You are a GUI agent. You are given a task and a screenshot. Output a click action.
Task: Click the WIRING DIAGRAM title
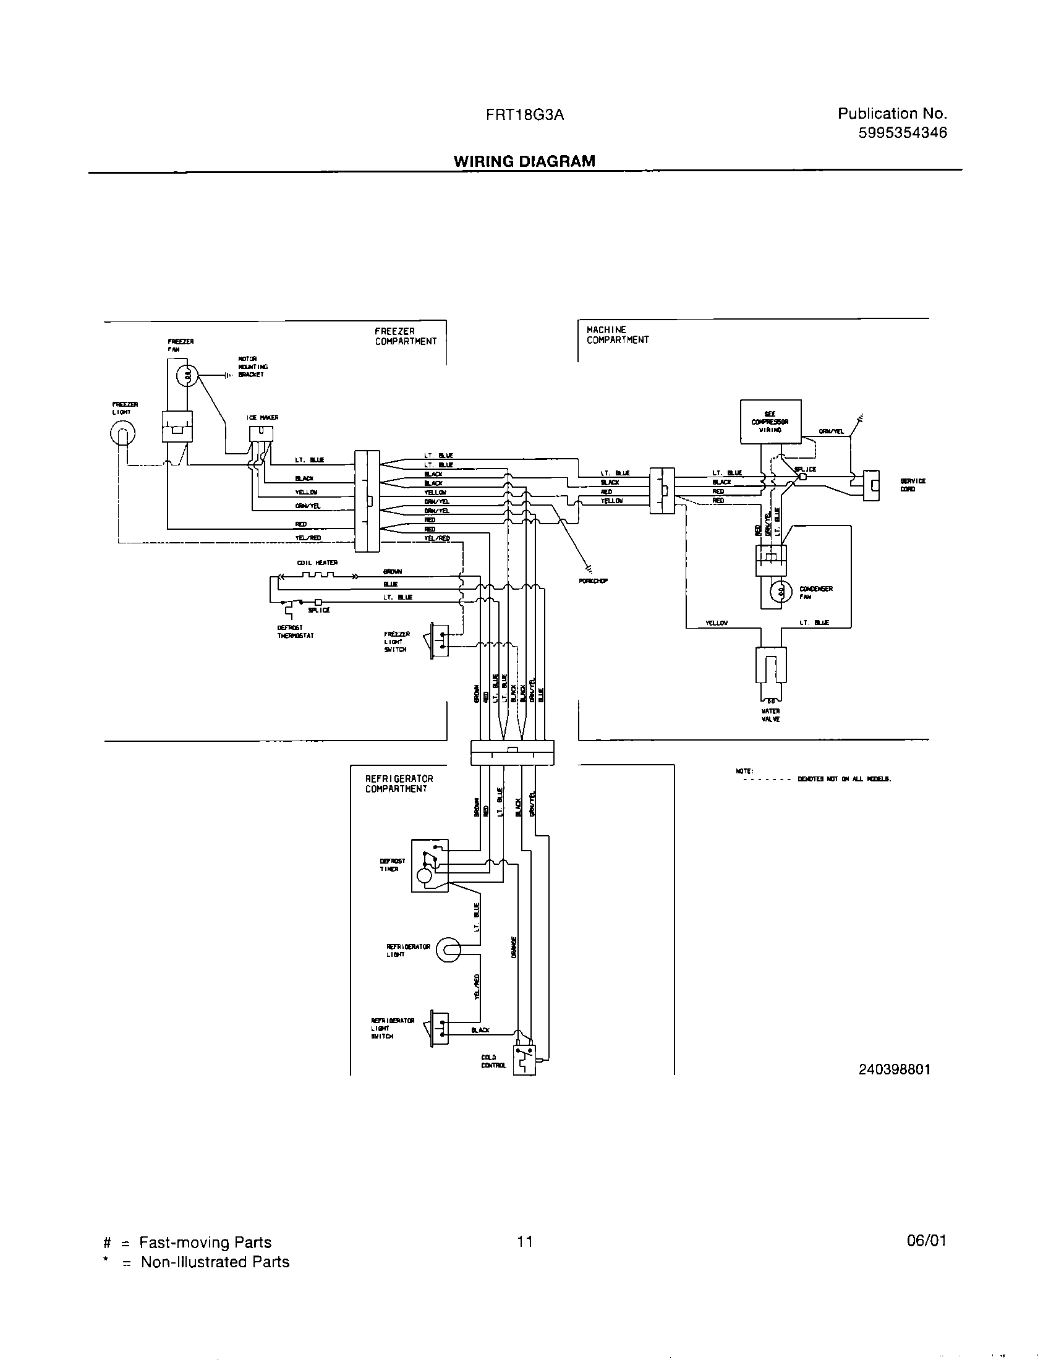(x=524, y=161)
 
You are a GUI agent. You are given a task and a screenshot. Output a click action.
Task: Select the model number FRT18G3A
(x=525, y=115)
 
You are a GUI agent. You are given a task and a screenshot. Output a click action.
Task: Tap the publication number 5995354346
(x=902, y=133)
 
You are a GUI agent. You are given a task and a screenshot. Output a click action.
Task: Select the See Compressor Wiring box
(x=770, y=422)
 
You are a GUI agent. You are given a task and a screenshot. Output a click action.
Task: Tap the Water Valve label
(x=770, y=715)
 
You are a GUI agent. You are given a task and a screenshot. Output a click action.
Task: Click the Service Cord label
(x=912, y=485)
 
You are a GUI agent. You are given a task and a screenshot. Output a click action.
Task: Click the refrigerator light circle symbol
(x=448, y=950)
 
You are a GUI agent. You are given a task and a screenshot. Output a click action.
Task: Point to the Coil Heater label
(x=317, y=563)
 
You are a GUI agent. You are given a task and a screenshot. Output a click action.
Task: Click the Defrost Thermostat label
(x=291, y=631)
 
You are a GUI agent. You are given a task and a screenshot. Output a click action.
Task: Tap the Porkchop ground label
(x=593, y=580)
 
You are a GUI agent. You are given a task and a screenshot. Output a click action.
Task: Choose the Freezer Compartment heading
(x=406, y=336)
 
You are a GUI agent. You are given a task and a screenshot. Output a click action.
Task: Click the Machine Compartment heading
(x=617, y=334)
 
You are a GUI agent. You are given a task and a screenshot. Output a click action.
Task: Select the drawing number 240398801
(x=894, y=1069)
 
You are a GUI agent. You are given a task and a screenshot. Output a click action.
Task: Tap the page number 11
(x=524, y=1242)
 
